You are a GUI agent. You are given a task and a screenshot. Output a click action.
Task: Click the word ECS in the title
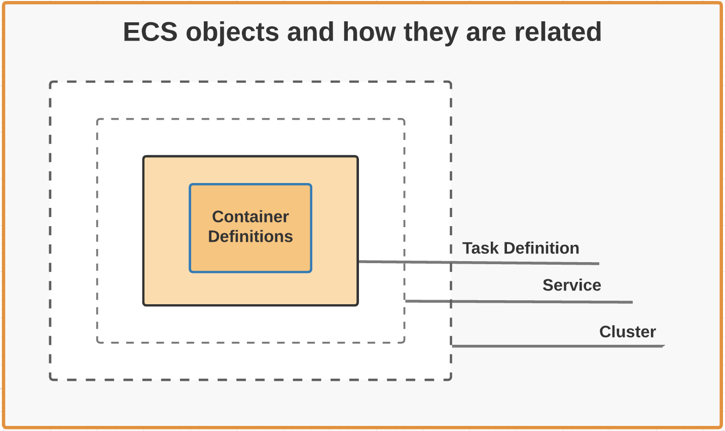tap(150, 32)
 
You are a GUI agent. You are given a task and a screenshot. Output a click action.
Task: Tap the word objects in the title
tap(232, 32)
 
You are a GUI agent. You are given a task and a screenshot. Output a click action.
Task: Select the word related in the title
tap(558, 32)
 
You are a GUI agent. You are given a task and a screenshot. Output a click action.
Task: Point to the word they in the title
tap(430, 32)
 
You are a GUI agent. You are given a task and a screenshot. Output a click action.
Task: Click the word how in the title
tap(369, 32)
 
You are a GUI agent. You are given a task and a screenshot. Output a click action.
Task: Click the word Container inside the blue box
tap(250, 217)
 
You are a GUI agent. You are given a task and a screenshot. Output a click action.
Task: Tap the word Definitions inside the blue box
tap(250, 236)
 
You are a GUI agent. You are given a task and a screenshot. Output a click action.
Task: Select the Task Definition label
tap(521, 248)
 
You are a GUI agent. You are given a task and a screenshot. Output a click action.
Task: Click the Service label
tap(571, 285)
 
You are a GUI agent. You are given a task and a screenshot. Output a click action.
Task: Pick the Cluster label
tap(627, 332)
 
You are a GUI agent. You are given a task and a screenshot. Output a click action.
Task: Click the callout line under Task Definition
tap(479, 263)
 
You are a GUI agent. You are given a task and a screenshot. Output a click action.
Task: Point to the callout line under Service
tap(519, 302)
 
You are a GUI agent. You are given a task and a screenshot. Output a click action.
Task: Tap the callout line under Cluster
tap(558, 346)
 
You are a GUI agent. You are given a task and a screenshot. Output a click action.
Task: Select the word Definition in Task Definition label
tap(541, 248)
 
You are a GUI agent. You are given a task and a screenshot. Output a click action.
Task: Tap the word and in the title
tap(310, 32)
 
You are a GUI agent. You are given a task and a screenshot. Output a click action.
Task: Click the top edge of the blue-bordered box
tap(250, 185)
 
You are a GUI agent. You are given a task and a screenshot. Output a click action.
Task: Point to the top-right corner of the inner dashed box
tap(404, 120)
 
